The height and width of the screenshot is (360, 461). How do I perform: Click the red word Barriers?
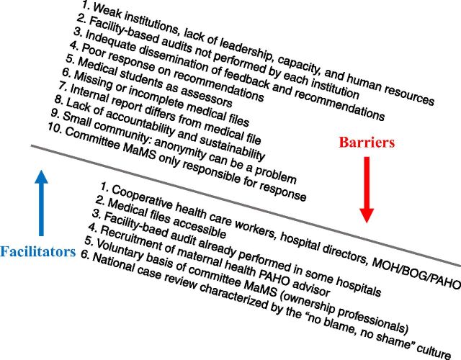(367, 143)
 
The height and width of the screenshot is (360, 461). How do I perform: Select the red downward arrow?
(367, 188)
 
